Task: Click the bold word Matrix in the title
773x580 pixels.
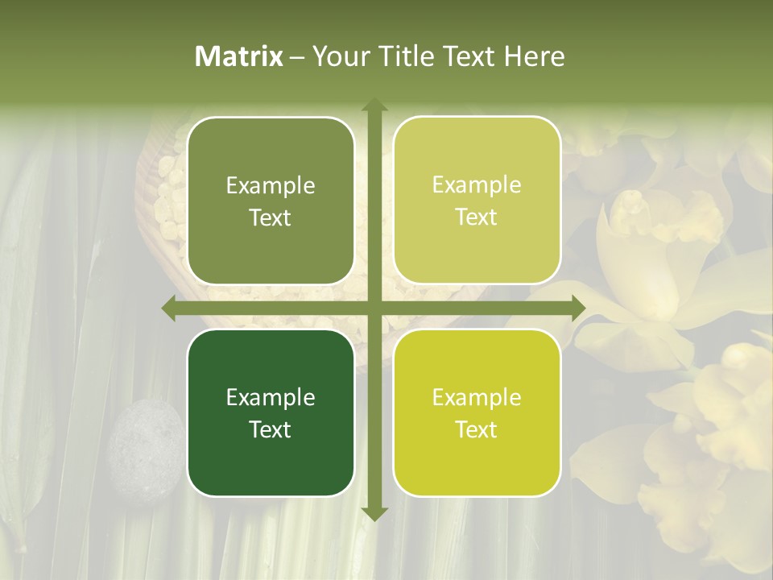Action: pos(239,56)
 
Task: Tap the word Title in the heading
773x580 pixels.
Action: pos(407,56)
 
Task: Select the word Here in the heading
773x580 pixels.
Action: pos(534,56)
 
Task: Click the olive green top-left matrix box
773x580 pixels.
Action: pos(271,201)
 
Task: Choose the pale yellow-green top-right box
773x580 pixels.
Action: pos(477,201)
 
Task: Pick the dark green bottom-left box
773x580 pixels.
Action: pos(271,412)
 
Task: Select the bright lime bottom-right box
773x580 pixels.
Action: pos(477,412)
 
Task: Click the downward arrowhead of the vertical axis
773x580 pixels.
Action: pos(374,513)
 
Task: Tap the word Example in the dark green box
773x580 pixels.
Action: pos(271,397)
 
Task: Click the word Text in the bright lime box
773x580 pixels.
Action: pos(477,429)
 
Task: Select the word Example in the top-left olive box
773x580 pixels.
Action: pos(271,186)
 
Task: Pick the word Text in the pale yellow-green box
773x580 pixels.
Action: pos(477,217)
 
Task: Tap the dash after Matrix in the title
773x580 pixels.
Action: pos(297,57)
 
